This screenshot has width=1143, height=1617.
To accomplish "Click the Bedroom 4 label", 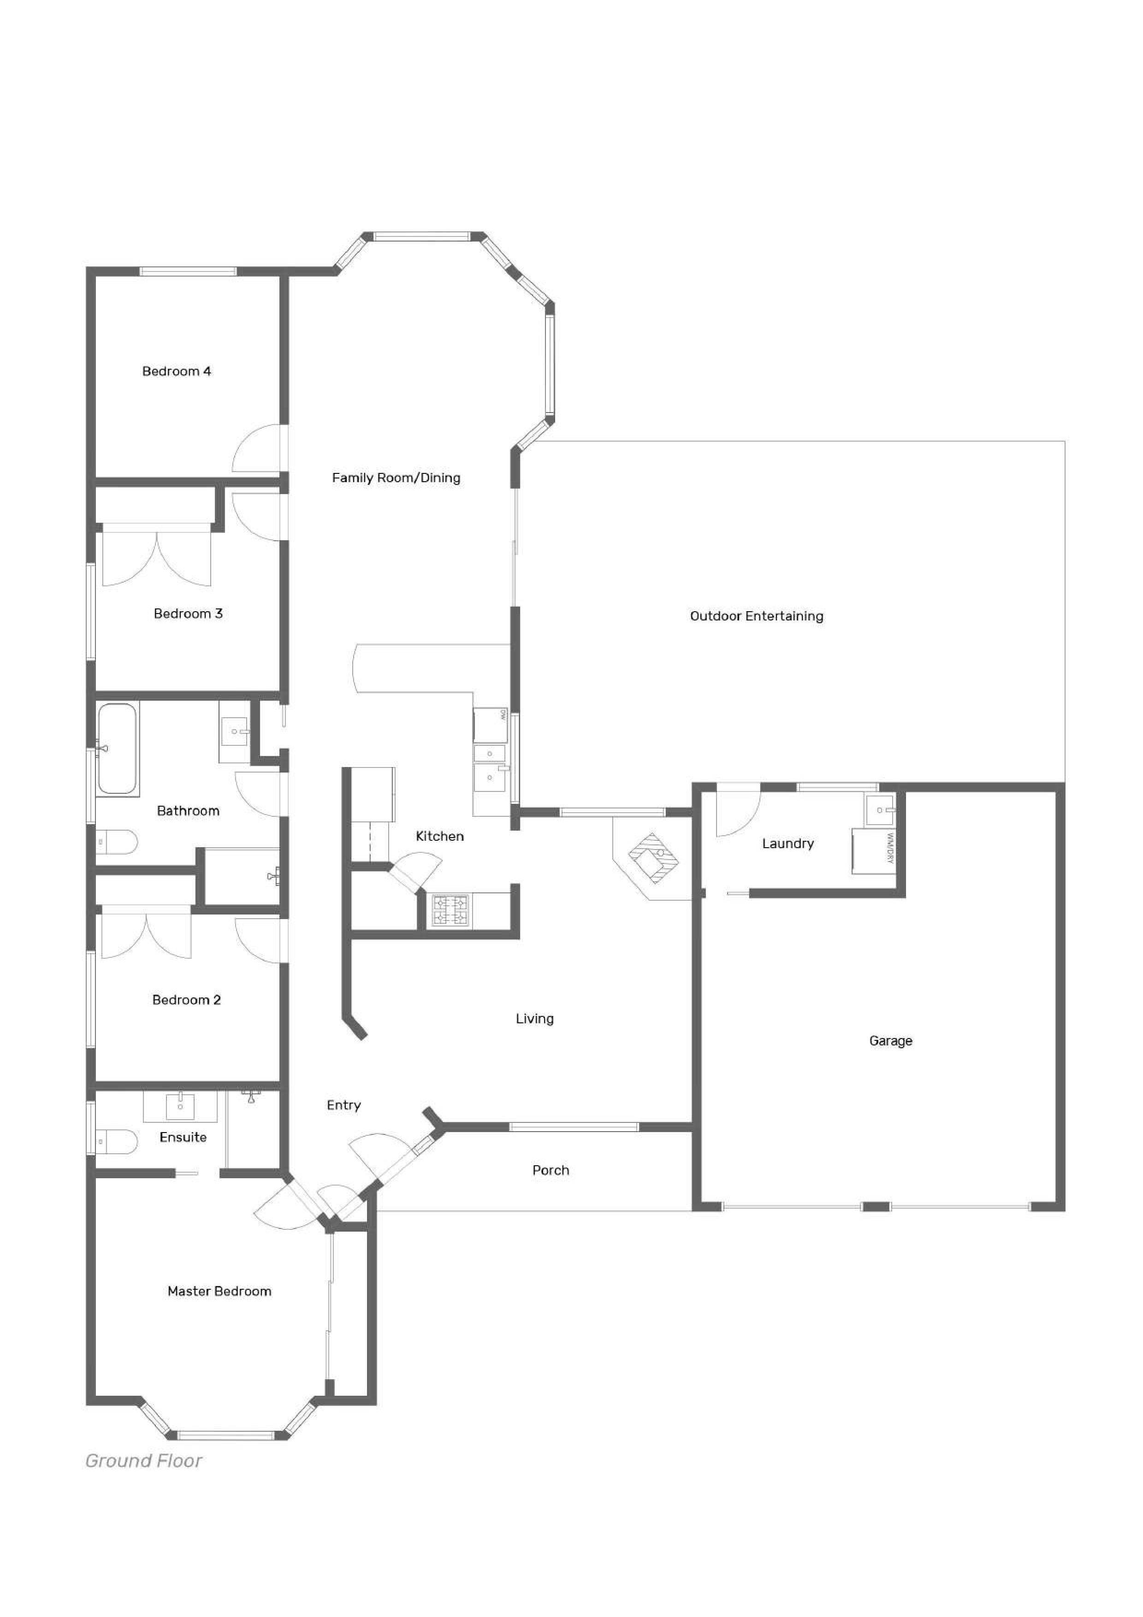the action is coord(177,371).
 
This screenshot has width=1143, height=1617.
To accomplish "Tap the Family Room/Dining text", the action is coord(397,478).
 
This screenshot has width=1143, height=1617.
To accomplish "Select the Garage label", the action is coord(891,1040).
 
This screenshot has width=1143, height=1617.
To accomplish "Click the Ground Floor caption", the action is coord(144,1461).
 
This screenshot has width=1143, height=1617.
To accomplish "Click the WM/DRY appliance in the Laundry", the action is coord(873,851).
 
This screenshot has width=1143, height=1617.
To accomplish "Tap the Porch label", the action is coord(551,1170).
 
